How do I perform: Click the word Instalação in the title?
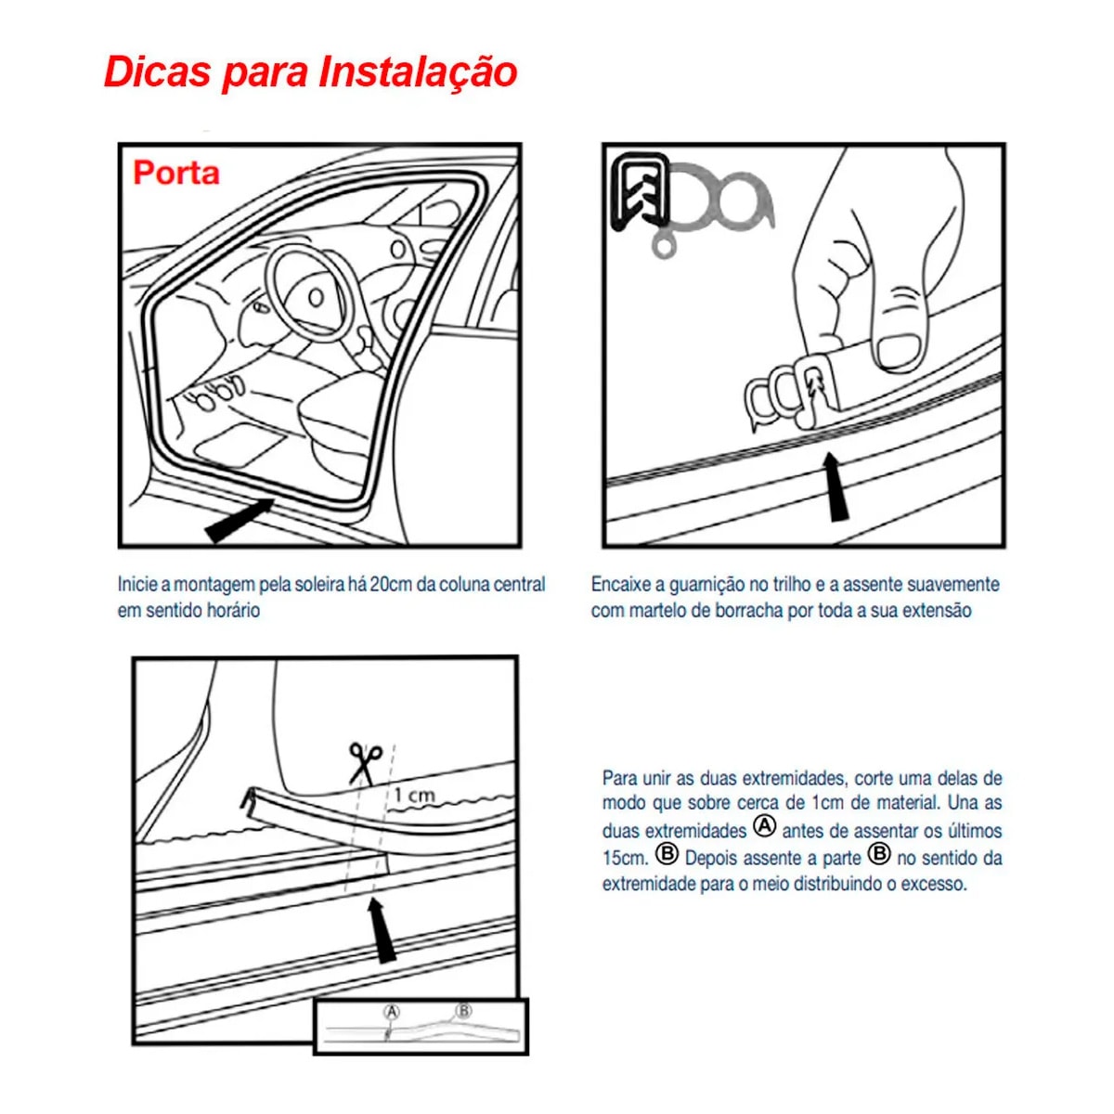[x=418, y=72]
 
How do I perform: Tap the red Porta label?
[x=176, y=173]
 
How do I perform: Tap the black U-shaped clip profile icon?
[x=640, y=190]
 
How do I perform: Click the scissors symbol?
[x=365, y=763]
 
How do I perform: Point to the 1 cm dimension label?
[x=413, y=795]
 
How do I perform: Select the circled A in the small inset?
[x=392, y=1012]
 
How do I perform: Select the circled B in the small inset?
[x=463, y=1011]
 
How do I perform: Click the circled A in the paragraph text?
[x=764, y=826]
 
